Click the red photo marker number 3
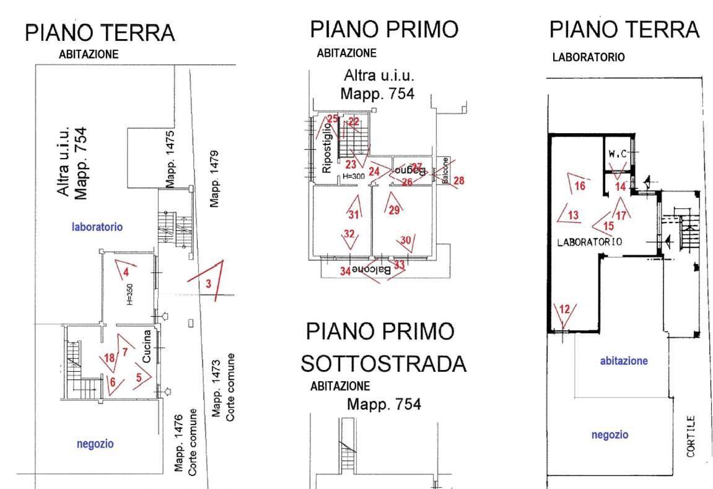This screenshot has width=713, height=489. pyautogui.click(x=209, y=284)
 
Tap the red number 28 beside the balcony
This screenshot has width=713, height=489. pyautogui.click(x=458, y=180)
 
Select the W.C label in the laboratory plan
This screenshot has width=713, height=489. pyautogui.click(x=616, y=153)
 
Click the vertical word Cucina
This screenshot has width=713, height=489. pyautogui.click(x=147, y=346)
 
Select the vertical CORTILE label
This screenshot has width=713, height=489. pyautogui.click(x=691, y=436)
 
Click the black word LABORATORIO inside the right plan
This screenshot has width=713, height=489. pyautogui.click(x=590, y=242)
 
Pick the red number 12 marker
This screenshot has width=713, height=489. pyautogui.click(x=564, y=309)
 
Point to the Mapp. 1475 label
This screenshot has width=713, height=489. pyautogui.click(x=171, y=158)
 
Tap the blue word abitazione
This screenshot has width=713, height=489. pyautogui.click(x=624, y=360)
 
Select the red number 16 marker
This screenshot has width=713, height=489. pyautogui.click(x=580, y=185)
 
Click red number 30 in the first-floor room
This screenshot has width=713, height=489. pyautogui.click(x=406, y=240)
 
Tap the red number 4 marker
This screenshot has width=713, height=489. pyautogui.click(x=126, y=272)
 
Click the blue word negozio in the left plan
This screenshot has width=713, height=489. pyautogui.click(x=95, y=444)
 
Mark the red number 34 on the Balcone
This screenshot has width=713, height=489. pyautogui.click(x=345, y=271)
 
